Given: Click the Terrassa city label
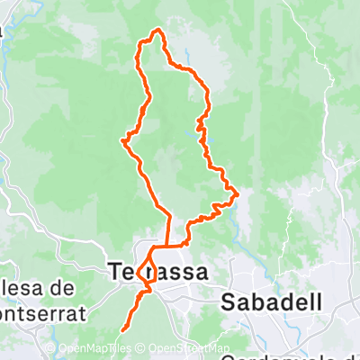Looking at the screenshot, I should [157, 271].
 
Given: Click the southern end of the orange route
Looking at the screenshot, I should [121, 342].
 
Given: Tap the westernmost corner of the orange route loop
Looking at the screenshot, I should [122, 139].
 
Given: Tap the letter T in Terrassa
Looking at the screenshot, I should [115, 271].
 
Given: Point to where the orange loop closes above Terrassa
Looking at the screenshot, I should [168, 245].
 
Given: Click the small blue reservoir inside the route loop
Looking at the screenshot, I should [197, 127].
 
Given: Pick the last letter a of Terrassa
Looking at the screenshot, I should [201, 272].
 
